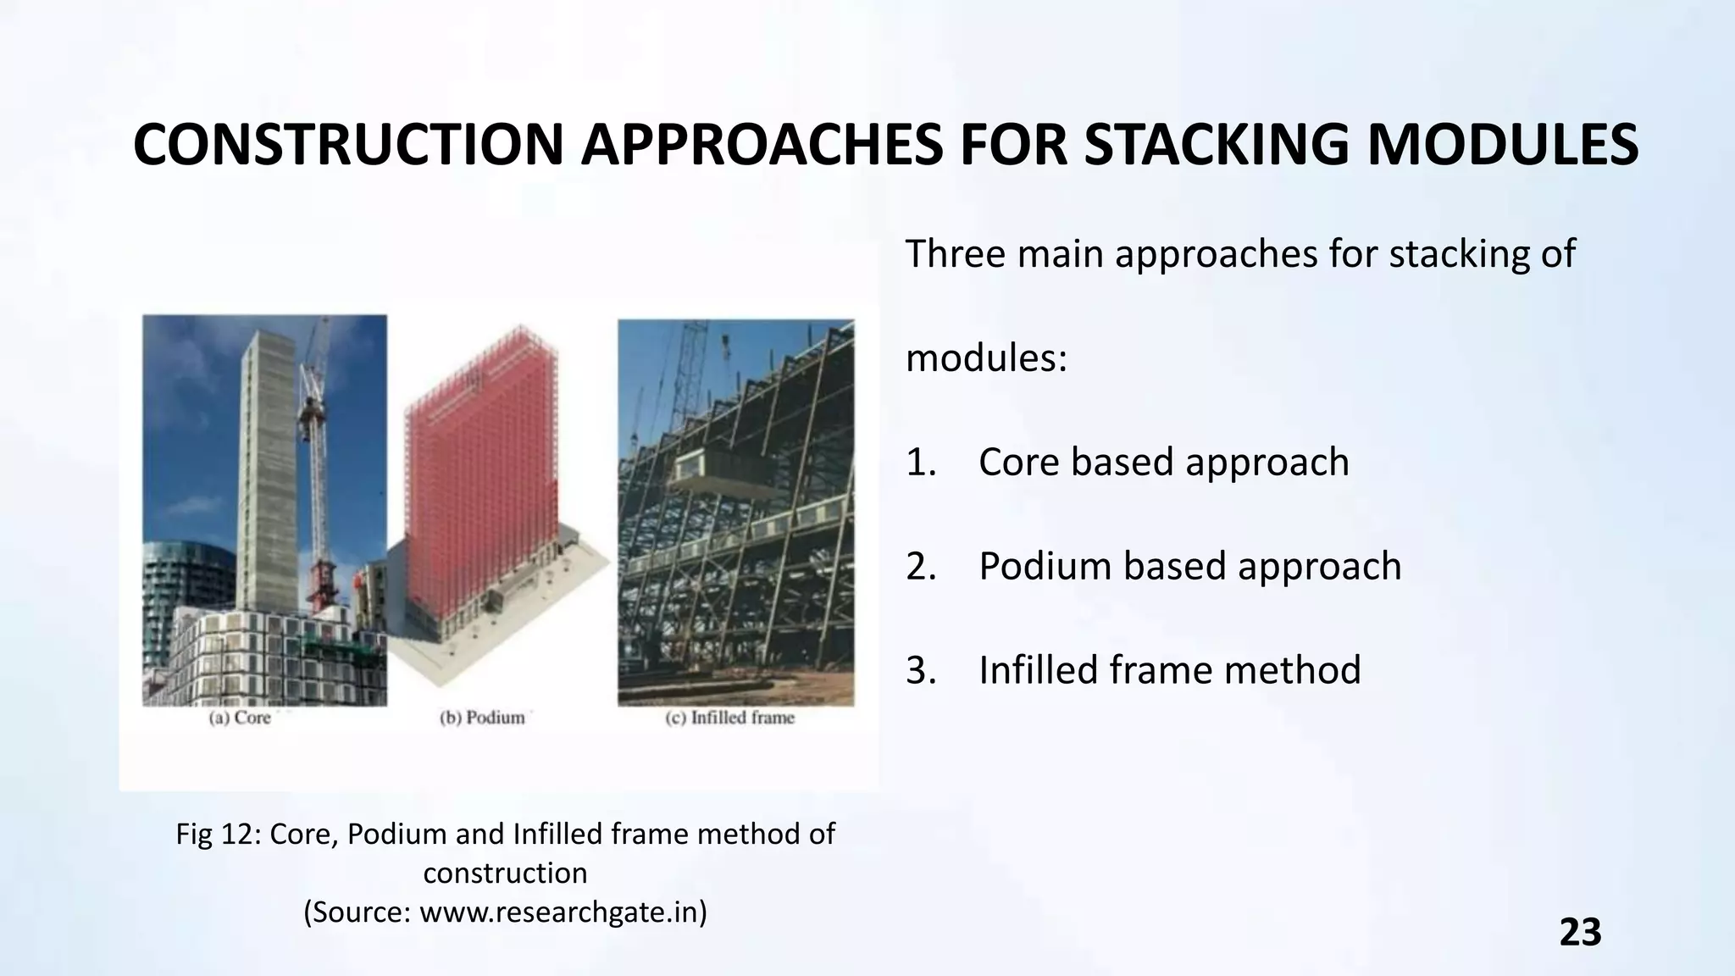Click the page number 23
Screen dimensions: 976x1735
1580,932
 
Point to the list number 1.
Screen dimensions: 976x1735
921,463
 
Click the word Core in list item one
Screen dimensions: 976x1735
1019,463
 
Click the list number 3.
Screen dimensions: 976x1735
921,670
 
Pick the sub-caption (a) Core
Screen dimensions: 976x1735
241,718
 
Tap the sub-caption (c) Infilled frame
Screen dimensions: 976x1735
730,718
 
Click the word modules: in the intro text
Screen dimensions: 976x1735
986,358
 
